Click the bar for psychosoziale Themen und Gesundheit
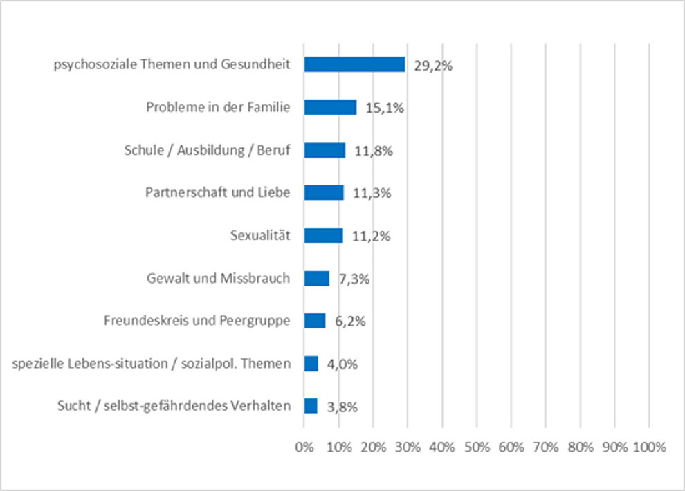pos(354,64)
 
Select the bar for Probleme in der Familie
pos(330,107)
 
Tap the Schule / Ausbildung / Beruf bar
pos(325,150)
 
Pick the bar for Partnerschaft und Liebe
pos(324,192)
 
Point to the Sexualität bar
pos(323,235)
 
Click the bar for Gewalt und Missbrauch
pos(316,278)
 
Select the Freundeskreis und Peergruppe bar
pos(314,321)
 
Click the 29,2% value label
pos(434,66)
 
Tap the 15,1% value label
pos(385,109)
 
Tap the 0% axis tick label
pos(304,447)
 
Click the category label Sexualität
pos(260,236)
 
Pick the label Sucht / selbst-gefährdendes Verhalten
pos(174,406)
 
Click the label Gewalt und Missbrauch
pos(219,279)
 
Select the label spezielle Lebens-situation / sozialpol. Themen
pos(152,363)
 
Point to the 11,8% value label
pos(374,151)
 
